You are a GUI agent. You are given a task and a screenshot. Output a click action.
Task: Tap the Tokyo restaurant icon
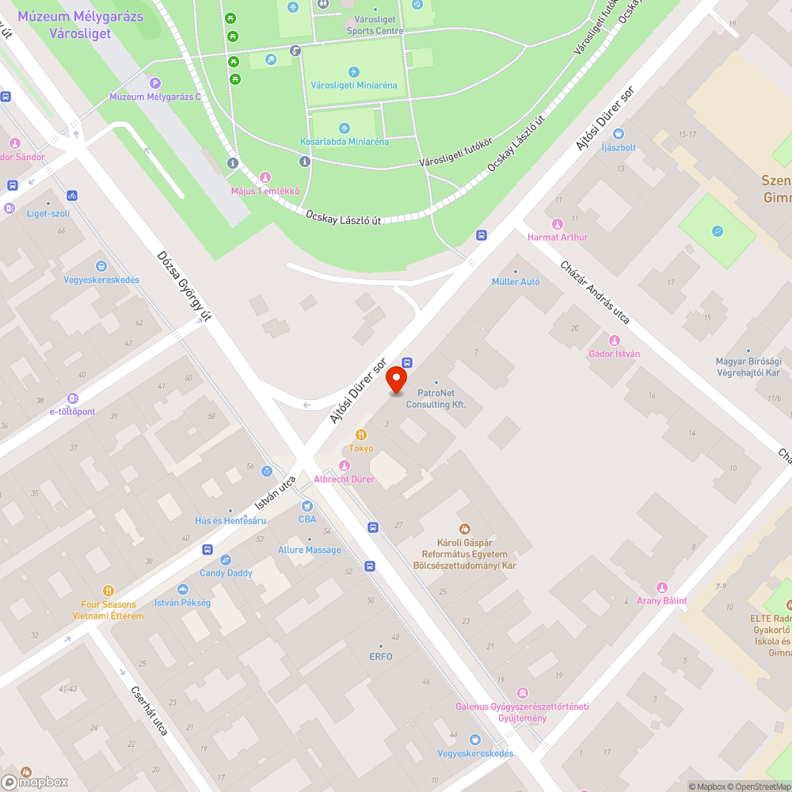click(x=361, y=435)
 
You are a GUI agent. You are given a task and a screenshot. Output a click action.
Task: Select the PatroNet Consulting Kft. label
click(x=436, y=398)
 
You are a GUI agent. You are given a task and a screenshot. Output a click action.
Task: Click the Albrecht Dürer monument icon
click(x=344, y=466)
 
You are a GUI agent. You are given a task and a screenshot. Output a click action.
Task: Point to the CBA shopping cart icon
click(x=307, y=506)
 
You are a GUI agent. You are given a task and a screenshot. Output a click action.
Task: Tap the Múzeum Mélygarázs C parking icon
click(x=155, y=82)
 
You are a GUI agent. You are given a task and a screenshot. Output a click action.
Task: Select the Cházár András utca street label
click(x=595, y=292)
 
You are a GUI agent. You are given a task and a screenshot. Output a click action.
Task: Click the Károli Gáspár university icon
click(x=465, y=529)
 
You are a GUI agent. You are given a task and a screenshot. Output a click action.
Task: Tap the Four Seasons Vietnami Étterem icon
click(x=109, y=591)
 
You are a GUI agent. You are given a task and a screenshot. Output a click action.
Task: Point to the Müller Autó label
click(x=516, y=281)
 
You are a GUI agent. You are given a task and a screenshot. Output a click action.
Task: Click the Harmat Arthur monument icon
click(x=558, y=224)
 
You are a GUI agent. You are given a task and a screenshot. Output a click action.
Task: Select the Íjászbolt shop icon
click(x=619, y=134)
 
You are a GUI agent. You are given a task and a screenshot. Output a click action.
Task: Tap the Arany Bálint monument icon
click(x=662, y=587)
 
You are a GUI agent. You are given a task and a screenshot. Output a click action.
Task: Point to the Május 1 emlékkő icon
click(x=265, y=177)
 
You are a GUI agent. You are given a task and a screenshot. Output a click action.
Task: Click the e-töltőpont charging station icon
click(x=73, y=398)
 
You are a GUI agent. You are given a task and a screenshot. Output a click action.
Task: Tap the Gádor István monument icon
click(x=614, y=341)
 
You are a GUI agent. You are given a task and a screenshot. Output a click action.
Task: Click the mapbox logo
click(x=35, y=781)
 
